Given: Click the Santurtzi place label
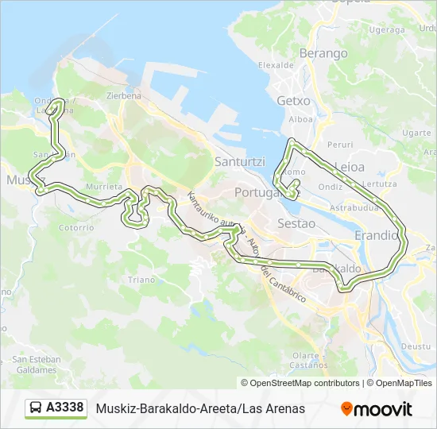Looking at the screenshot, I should coord(242,161).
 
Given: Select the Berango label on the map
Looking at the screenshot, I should coord(323,53).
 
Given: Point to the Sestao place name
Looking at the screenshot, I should coord(296,224).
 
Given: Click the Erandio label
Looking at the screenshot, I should coord(376,235).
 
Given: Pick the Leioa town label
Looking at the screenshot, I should coord(350,167).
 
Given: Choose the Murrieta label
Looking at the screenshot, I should coord(103,187).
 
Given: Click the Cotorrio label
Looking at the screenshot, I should coord(76,226).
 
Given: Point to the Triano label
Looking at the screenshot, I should coord(141,280).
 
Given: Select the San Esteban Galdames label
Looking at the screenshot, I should coord(37,365).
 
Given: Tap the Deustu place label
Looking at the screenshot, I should coord(416,346).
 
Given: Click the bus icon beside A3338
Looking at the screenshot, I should coord(36,408).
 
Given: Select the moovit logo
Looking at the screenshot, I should coord(377,409).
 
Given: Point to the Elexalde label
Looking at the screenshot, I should coord(276,65).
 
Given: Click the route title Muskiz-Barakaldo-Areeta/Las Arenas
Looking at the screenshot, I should coord(200,408).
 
